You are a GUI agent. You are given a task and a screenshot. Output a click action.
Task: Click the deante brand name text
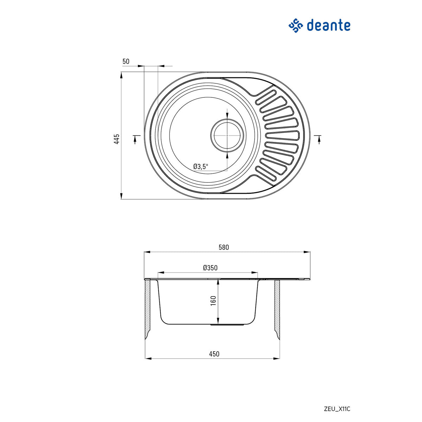[328, 25]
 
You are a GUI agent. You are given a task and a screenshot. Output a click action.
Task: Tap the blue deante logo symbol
[296, 26]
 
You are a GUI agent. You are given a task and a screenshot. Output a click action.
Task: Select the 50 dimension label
[126, 62]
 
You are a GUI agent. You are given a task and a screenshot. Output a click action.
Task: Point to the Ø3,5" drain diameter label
[201, 166]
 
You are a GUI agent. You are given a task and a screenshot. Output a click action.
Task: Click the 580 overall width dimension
[224, 247]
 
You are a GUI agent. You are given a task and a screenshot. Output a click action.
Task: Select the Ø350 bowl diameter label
[210, 268]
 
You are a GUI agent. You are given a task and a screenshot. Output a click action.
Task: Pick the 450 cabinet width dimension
[214, 354]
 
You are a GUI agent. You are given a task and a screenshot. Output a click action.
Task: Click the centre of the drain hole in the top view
[227, 135]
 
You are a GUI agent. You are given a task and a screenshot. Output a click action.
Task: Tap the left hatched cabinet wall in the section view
[148, 308]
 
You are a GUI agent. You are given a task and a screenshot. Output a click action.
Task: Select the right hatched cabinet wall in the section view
[277, 308]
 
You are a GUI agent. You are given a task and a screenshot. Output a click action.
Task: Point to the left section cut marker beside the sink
[136, 138]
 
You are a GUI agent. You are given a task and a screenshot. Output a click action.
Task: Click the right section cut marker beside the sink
[319, 138]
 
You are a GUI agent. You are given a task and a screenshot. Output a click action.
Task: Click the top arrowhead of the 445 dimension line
[121, 75]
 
